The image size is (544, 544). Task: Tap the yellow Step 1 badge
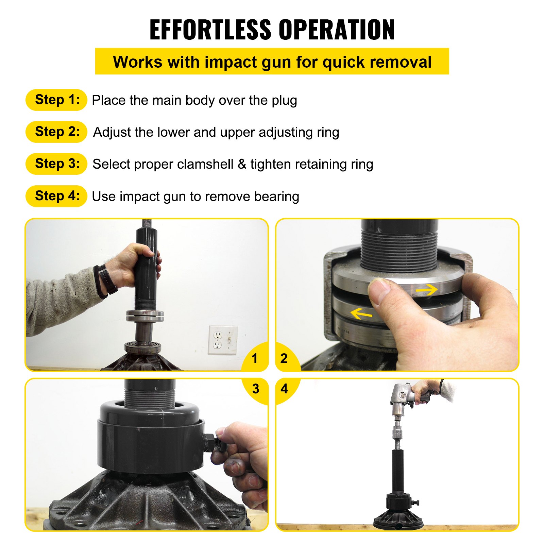coord(56,100)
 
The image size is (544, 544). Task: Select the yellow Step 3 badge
coord(56,164)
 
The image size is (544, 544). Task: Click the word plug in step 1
coord(284,101)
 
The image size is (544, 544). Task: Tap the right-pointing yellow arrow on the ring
coord(426,290)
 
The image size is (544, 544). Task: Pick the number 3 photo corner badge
coord(256,389)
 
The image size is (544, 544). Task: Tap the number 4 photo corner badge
coord(284,389)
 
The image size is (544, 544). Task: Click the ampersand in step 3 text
coord(242,164)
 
